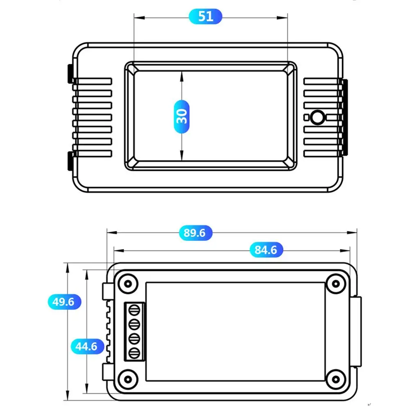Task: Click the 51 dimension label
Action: coord(206,16)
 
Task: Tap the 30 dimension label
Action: coord(181,117)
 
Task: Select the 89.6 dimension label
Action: coord(195,233)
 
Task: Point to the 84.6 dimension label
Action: coord(266,250)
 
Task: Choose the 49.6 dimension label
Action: coord(64,302)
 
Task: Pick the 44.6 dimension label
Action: coord(87,347)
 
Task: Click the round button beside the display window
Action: coord(318,118)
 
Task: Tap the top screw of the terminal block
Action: coord(134,310)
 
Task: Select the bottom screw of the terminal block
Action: coord(134,353)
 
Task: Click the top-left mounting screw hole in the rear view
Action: coord(128,284)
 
